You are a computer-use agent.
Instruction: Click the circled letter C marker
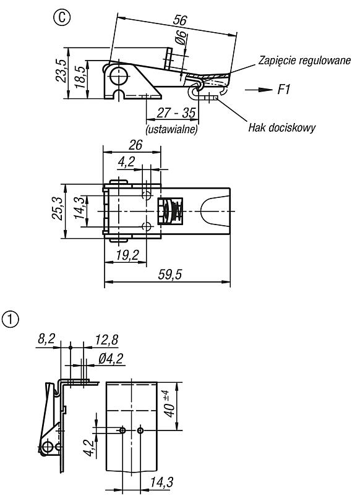click(x=62, y=17)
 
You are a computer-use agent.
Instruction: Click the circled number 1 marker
click(x=11, y=319)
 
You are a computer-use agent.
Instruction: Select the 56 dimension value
click(x=180, y=20)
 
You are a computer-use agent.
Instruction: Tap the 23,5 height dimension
click(x=61, y=71)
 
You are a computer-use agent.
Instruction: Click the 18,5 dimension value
click(x=80, y=77)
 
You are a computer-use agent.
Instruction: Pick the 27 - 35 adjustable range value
click(x=176, y=113)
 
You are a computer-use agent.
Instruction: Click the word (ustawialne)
click(x=171, y=129)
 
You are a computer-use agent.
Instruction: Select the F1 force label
click(x=284, y=90)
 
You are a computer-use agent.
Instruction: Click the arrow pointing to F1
click(x=259, y=90)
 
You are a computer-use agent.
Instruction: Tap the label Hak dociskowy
click(x=281, y=128)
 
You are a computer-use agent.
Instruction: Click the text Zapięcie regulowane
click(x=305, y=60)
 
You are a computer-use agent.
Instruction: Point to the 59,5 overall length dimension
click(x=170, y=274)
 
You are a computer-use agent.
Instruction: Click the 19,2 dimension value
click(x=127, y=255)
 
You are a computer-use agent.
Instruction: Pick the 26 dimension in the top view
click(x=135, y=145)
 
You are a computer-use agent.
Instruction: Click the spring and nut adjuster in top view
click(x=170, y=210)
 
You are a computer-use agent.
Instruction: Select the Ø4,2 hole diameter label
click(x=110, y=359)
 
